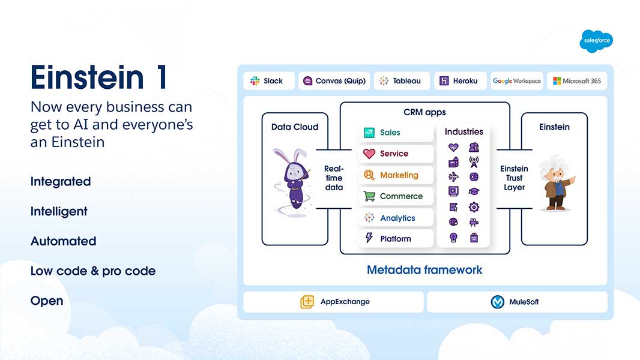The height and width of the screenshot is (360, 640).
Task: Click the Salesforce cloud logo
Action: tap(596, 41)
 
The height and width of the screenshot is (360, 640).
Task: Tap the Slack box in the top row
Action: tap(269, 81)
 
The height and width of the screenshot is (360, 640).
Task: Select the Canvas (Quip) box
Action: tap(334, 81)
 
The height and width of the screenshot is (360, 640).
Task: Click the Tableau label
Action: tap(406, 81)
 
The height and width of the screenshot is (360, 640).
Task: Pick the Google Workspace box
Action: tap(516, 81)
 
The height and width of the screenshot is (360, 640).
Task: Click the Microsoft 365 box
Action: tap(576, 81)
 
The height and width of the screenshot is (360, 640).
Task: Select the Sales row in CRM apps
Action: tap(396, 133)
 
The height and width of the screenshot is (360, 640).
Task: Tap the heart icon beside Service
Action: tap(369, 154)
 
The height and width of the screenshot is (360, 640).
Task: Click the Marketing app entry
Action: tap(396, 175)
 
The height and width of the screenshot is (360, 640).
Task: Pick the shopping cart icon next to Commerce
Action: tap(369, 196)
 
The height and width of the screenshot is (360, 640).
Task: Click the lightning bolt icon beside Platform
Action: tap(369, 238)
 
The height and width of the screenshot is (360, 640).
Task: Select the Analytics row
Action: tap(396, 218)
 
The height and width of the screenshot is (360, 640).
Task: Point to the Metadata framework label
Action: tap(424, 270)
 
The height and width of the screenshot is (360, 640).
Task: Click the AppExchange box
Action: tap(334, 302)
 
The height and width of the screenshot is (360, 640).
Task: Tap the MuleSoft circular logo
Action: tap(498, 302)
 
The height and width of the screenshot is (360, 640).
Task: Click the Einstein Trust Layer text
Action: tap(515, 178)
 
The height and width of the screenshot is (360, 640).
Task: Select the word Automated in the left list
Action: tap(63, 241)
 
